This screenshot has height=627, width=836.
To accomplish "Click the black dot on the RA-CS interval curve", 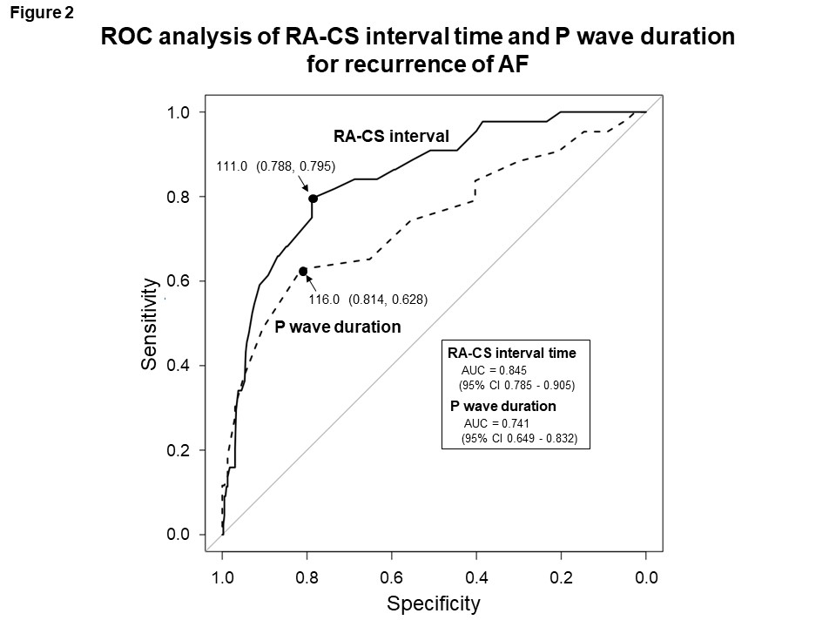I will [313, 199].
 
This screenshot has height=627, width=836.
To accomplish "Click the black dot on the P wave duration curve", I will [303, 272].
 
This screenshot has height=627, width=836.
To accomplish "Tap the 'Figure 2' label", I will [42, 13].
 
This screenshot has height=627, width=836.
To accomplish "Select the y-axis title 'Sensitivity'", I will [151, 325].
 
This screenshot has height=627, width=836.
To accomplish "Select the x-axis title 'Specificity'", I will [434, 603].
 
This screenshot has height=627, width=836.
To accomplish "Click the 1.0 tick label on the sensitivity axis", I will [179, 112].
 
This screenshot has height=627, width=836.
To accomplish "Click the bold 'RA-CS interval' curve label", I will [392, 136].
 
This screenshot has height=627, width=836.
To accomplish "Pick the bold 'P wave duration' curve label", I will [338, 327].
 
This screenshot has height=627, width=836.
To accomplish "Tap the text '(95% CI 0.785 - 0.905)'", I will [517, 384].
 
